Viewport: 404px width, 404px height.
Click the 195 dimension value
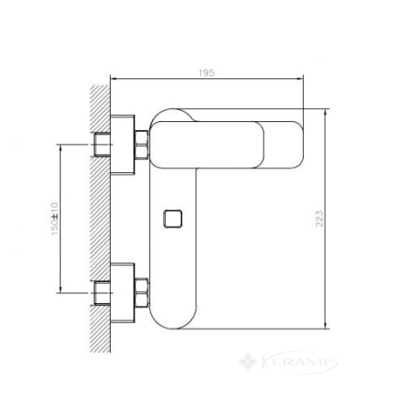[206, 73]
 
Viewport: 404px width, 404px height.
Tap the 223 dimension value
[320, 219]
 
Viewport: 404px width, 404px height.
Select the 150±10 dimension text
[55, 219]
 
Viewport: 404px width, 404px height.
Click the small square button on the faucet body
[173, 219]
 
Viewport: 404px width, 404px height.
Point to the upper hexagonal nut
[141, 145]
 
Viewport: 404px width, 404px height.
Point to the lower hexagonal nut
[141, 292]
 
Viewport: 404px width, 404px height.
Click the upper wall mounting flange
[122, 145]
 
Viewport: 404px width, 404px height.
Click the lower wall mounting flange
[122, 293]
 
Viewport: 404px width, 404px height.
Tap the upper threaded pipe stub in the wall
[102, 145]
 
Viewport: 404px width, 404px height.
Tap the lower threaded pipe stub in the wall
[102, 293]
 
